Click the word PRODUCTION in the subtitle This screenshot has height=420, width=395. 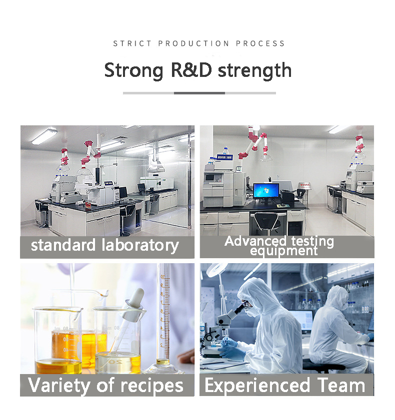pos(193,43)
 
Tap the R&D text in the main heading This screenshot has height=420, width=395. pos(191,70)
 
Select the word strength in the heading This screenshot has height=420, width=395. pos(254,71)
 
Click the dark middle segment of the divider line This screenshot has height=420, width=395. pos(199,93)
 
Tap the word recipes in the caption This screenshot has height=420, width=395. pos(152,386)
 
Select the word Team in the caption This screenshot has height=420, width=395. pos(341,385)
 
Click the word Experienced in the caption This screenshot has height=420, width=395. pos(257,386)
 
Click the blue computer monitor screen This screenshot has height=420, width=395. pos(266,190)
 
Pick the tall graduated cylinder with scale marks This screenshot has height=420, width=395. pos(163,319)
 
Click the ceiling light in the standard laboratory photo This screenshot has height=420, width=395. pos(44,137)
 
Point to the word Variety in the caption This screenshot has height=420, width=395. pos(58,386)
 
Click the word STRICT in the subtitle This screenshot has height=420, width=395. pos(132,43)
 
